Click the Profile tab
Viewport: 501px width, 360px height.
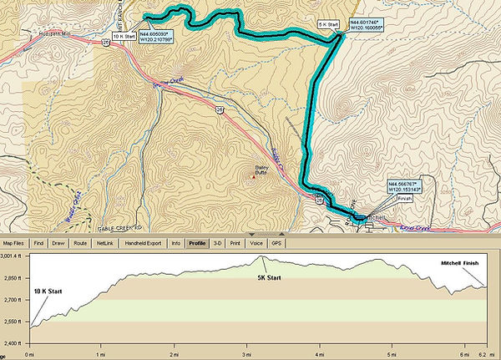point(197,243)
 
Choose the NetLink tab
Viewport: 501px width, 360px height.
point(104,243)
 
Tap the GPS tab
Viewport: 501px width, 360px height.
point(276,243)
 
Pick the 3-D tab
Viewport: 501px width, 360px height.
point(217,243)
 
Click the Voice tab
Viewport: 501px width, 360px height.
point(256,243)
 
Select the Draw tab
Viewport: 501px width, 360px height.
point(58,243)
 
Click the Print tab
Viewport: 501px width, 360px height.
point(235,243)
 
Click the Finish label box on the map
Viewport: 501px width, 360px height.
point(405,198)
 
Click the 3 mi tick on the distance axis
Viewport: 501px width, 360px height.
point(246,353)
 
